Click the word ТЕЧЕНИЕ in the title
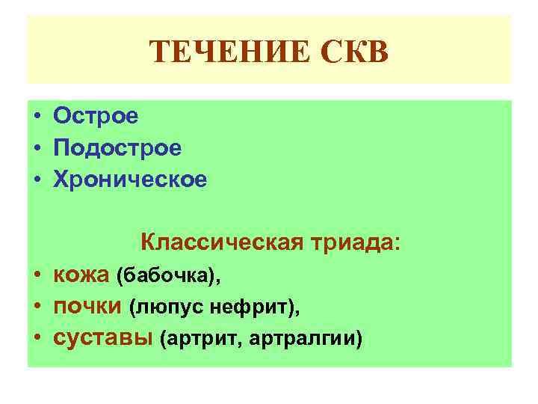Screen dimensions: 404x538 pyautogui.click(x=217, y=53)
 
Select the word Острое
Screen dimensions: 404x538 pyautogui.click(x=96, y=117)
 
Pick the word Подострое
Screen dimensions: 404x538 pyautogui.click(x=117, y=148)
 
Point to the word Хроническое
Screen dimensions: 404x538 pyautogui.click(x=130, y=180)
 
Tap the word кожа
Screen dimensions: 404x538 pyautogui.click(x=81, y=275)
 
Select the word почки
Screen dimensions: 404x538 pyautogui.click(x=87, y=307)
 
